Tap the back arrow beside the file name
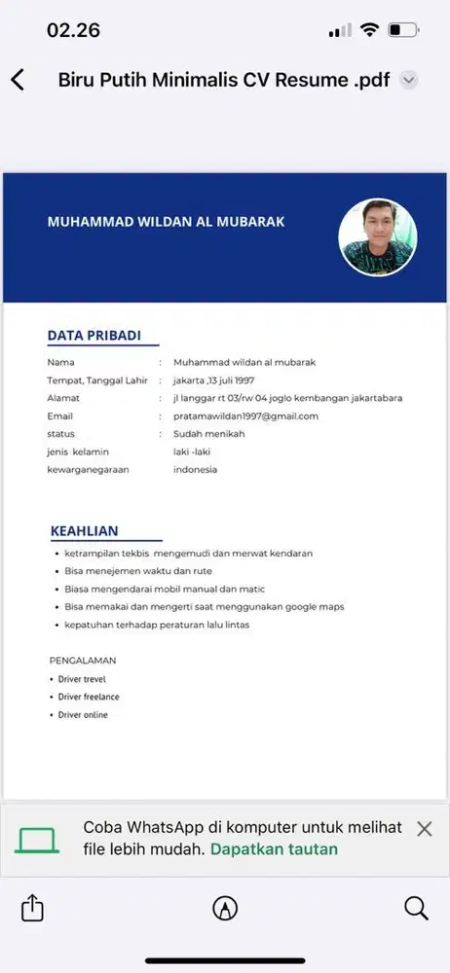coord(18,80)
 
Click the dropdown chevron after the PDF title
coord(409,80)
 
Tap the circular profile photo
coord(377,237)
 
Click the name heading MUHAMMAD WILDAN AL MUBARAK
coord(166,222)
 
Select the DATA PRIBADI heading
coord(94,336)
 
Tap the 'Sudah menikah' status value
coord(208,434)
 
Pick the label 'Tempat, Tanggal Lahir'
coord(97,380)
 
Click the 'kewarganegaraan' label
coord(88,470)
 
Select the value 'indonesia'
coord(195,470)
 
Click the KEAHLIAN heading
coord(85,530)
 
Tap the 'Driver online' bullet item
coord(83,715)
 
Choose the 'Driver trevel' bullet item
coord(82,678)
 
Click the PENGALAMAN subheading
coord(83,660)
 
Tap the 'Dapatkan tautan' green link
coord(274,848)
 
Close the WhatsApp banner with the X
coord(424,829)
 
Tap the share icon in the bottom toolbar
coord(32,908)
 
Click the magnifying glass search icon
coord(416,908)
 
